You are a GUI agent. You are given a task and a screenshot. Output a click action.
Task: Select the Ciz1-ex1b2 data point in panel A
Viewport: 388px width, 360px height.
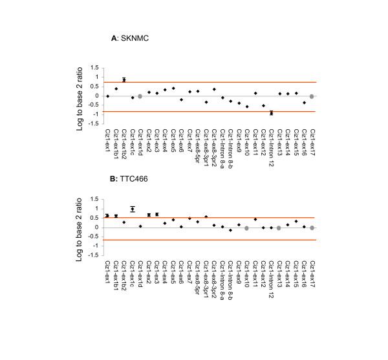pos(124,80)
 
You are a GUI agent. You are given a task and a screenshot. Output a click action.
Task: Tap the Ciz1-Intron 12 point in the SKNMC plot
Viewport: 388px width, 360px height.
pos(272,112)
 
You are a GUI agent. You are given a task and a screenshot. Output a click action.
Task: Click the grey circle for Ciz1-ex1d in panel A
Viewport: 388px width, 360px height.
pos(140,96)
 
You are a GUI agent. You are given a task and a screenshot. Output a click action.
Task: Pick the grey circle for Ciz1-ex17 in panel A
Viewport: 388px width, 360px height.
pos(312,96)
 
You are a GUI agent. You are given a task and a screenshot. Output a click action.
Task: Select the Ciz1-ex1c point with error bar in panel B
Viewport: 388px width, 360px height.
pos(132,209)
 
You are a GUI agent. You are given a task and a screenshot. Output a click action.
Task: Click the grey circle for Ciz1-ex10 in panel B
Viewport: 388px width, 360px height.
pos(246,228)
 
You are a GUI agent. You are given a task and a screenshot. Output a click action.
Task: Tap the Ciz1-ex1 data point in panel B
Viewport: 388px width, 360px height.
pos(107,216)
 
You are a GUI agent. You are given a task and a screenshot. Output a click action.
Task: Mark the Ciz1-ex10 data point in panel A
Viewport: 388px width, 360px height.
pos(246,106)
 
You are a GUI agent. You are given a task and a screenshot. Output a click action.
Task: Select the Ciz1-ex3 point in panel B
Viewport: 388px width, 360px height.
pos(156,214)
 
